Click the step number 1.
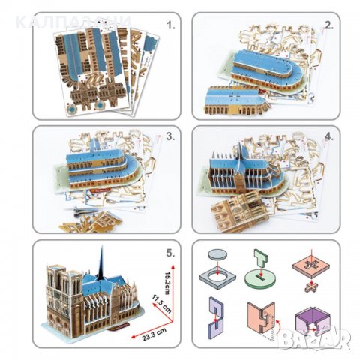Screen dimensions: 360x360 [170, 25]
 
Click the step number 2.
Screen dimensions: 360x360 [327, 25]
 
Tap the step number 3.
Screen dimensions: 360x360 [170, 138]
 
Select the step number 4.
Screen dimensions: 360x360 [327, 138]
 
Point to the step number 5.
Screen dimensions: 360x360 [171, 253]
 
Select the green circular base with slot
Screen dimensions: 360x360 [265, 277]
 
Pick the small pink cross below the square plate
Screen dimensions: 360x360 [313, 287]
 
